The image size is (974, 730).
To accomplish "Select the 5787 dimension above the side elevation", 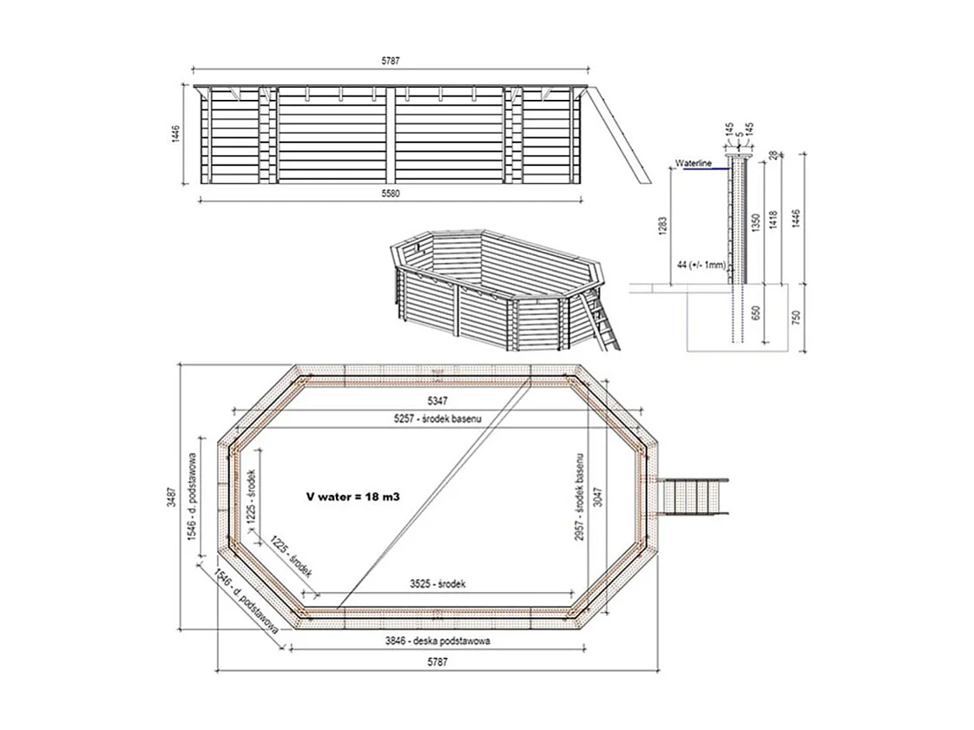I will pos(389,62).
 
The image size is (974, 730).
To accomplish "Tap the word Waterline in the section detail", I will pos(693,163).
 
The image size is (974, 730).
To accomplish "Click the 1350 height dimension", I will pos(758,220).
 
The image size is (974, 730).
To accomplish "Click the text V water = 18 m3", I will pos(358,497).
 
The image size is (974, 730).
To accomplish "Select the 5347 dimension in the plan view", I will pos(438,401).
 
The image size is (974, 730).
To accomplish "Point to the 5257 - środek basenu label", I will pos(438,418).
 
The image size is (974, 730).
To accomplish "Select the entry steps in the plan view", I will pos(694,497).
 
